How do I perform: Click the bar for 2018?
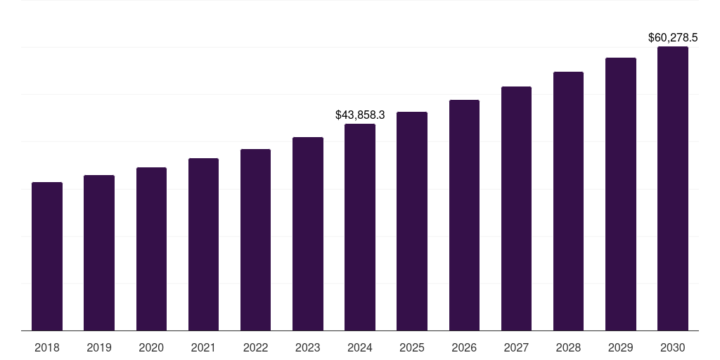tap(47, 257)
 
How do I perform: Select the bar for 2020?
tap(151, 249)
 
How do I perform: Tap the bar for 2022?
tap(255, 240)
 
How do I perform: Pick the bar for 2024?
tap(360, 227)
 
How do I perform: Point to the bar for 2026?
tap(464, 215)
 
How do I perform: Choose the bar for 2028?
tap(568, 201)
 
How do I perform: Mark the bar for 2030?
tap(673, 188)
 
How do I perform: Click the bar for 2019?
tap(99, 253)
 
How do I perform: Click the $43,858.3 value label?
tap(360, 114)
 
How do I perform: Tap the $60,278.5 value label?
tap(673, 37)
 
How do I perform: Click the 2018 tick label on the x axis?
tap(47, 347)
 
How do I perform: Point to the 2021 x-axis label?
tap(203, 347)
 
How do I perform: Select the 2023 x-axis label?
tap(307, 347)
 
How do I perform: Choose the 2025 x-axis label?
tap(412, 347)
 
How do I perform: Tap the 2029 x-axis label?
tap(620, 347)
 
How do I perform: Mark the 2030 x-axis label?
tap(673, 347)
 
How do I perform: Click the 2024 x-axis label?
tap(360, 347)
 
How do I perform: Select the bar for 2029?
tap(620, 194)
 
